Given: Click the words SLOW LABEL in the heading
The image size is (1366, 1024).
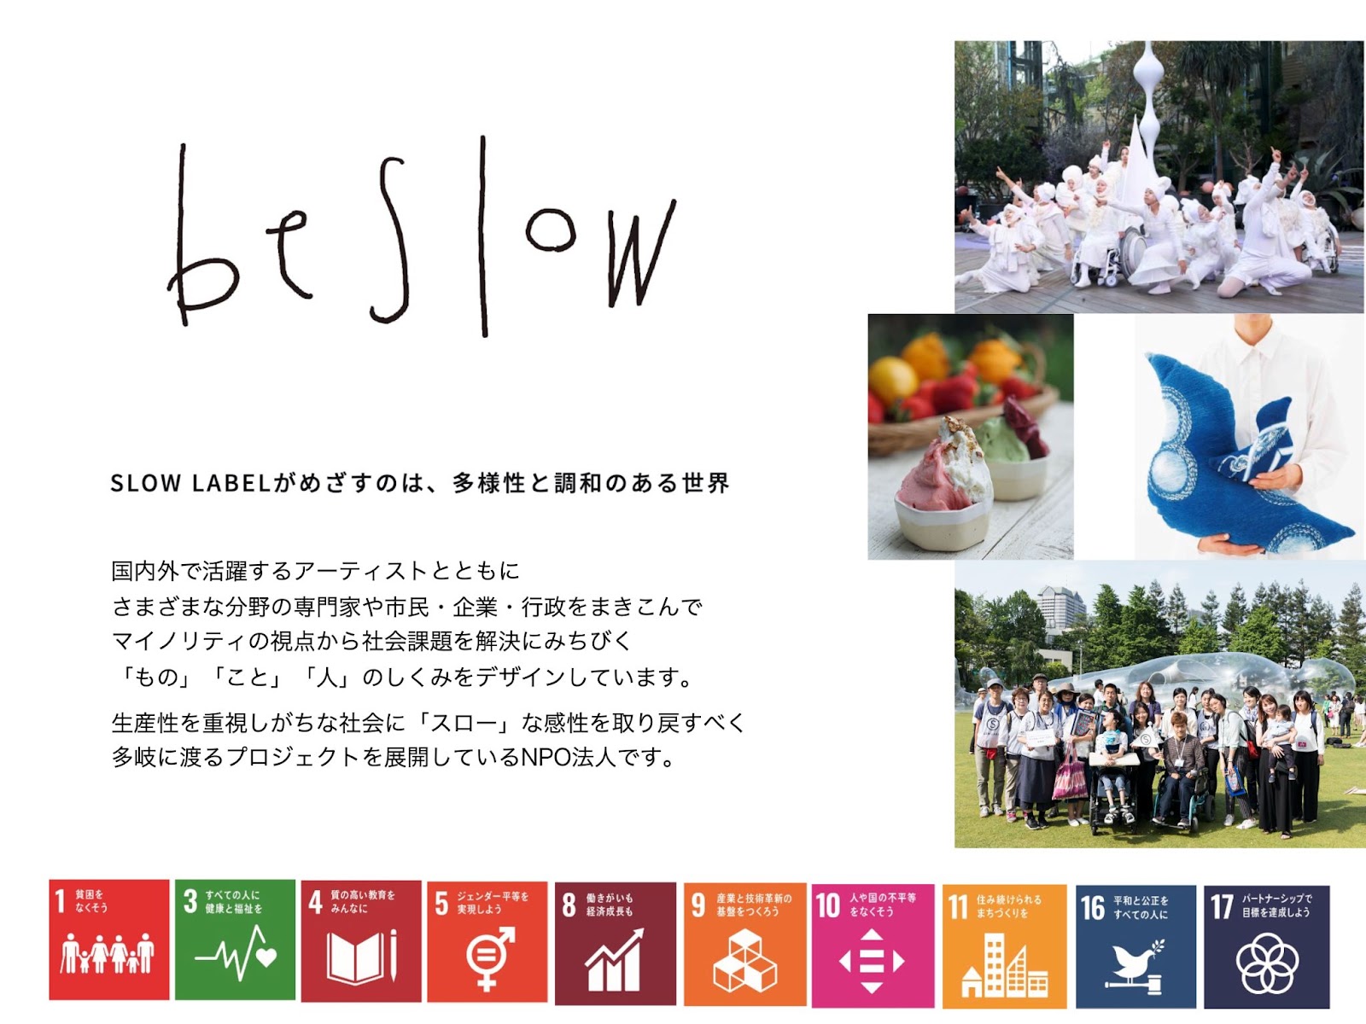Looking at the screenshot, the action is click(x=190, y=483).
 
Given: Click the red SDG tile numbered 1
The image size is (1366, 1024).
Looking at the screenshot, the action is click(x=109, y=940).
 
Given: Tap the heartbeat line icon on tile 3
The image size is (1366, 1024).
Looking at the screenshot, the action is click(x=236, y=954).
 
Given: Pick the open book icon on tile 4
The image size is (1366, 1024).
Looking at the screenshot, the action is click(x=362, y=957).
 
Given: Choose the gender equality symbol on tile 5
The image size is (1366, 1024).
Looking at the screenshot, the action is click(x=490, y=958).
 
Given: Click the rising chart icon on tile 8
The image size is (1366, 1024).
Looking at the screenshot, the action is click(x=614, y=960).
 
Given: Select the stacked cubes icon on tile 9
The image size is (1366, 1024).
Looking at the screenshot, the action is click(x=744, y=961).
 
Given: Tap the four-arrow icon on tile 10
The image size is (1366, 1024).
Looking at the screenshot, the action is click(x=872, y=961).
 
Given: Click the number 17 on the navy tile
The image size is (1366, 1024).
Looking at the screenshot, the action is click(x=1222, y=907).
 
